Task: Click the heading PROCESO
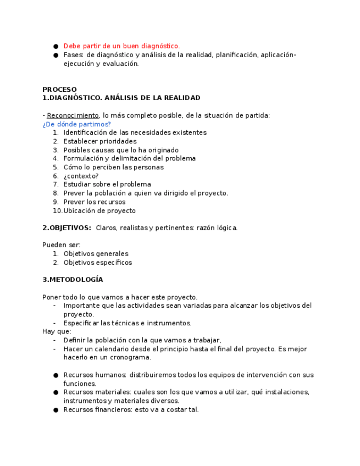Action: pyautogui.click(x=59, y=90)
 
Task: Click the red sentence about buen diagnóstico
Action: pyautogui.click(x=121, y=46)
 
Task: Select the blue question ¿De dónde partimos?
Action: pyautogui.click(x=76, y=124)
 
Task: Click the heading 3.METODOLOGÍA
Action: pyautogui.click(x=73, y=280)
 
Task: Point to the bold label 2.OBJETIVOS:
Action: pyautogui.click(x=67, y=228)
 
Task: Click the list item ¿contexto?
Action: pyautogui.click(x=81, y=176)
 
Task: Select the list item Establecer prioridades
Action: pyautogui.click(x=100, y=141)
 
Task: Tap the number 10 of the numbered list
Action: pyautogui.click(x=57, y=211)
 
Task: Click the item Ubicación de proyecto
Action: pyautogui.click(x=99, y=211)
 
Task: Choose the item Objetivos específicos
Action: pyautogui.click(x=98, y=263)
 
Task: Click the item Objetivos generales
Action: pyautogui.click(x=96, y=254)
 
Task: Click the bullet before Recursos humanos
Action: pyautogui.click(x=56, y=375)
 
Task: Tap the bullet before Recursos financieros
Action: pyautogui.click(x=56, y=410)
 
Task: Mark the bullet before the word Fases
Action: pyautogui.click(x=56, y=55)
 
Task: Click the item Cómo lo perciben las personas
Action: pyautogui.click(x=113, y=167)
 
